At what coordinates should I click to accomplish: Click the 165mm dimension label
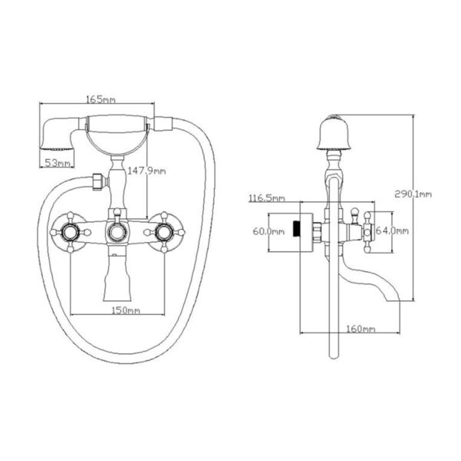[x=101, y=99]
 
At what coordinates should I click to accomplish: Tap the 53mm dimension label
[x=57, y=163]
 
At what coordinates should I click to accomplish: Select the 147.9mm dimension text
[x=147, y=171]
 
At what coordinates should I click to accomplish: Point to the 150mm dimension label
[x=125, y=310]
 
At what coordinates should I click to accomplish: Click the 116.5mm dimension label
[x=267, y=198]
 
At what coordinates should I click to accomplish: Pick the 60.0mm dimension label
[x=269, y=231]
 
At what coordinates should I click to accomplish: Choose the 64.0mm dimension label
[x=393, y=230]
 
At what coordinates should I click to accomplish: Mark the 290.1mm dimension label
[x=413, y=194]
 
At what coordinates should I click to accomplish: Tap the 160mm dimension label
[x=361, y=328]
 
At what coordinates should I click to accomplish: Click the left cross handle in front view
[x=70, y=232]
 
